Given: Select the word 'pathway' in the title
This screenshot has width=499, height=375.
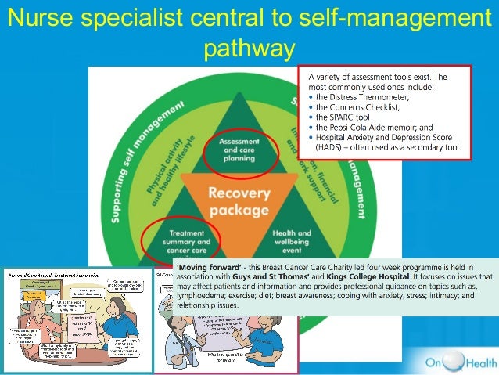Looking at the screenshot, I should [x=249, y=49].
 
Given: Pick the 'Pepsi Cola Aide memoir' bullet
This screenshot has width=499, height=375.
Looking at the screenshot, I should [x=375, y=126].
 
